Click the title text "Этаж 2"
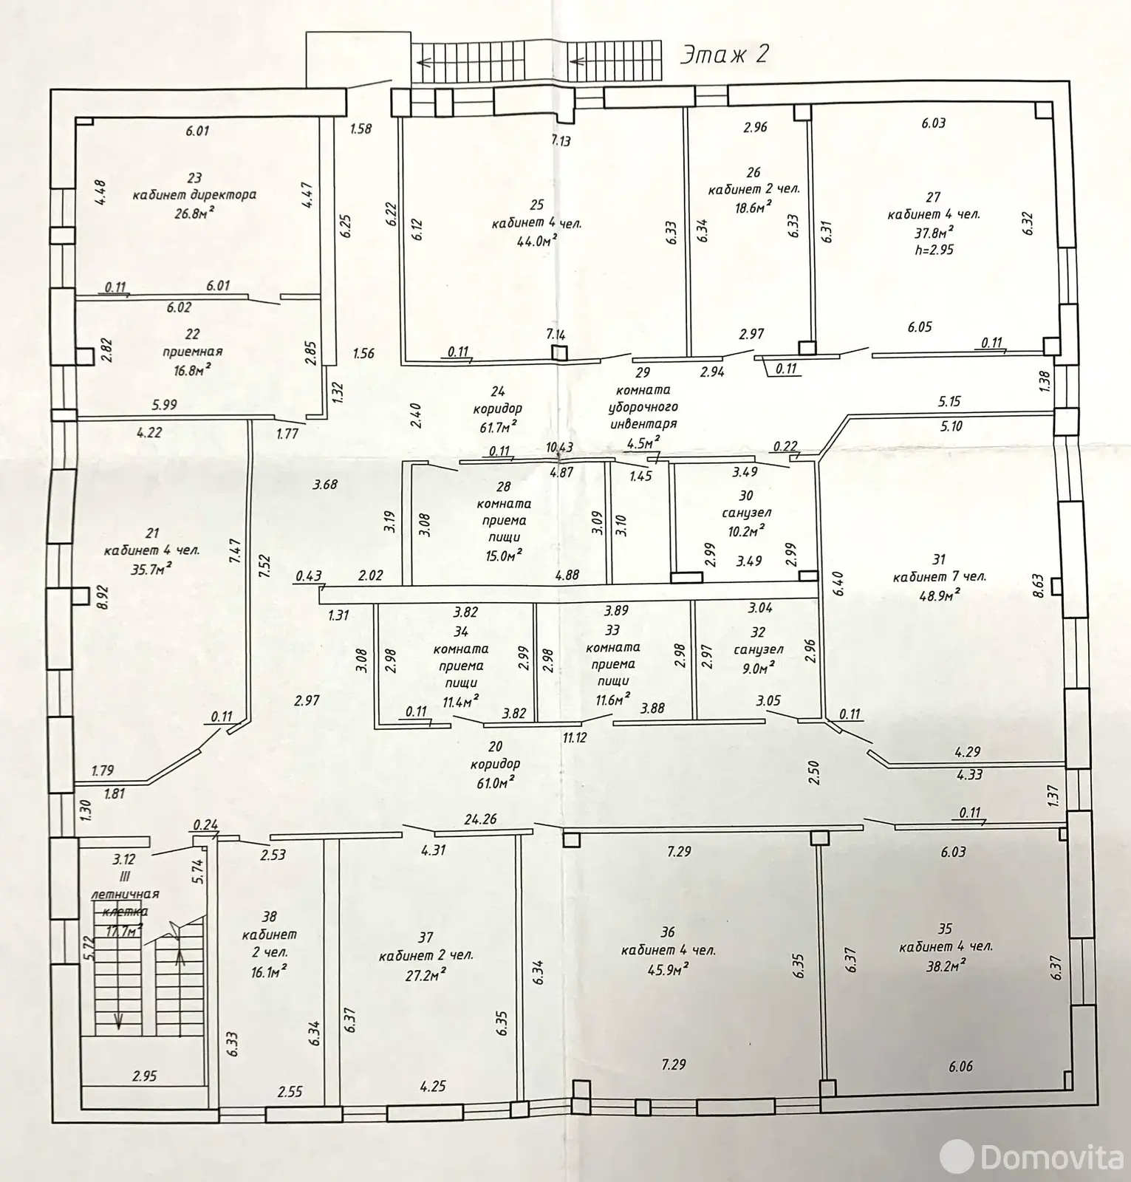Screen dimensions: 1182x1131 click(724, 55)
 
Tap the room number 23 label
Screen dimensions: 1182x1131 click(194, 178)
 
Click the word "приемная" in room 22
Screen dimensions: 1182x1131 click(193, 352)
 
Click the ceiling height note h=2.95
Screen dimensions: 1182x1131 click(933, 250)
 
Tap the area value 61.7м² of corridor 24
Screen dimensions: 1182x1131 click(496, 426)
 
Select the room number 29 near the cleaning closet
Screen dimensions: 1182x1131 click(642, 372)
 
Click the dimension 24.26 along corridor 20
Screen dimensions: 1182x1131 click(480, 819)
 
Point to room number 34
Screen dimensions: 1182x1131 click(462, 632)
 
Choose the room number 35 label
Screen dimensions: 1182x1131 click(945, 929)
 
